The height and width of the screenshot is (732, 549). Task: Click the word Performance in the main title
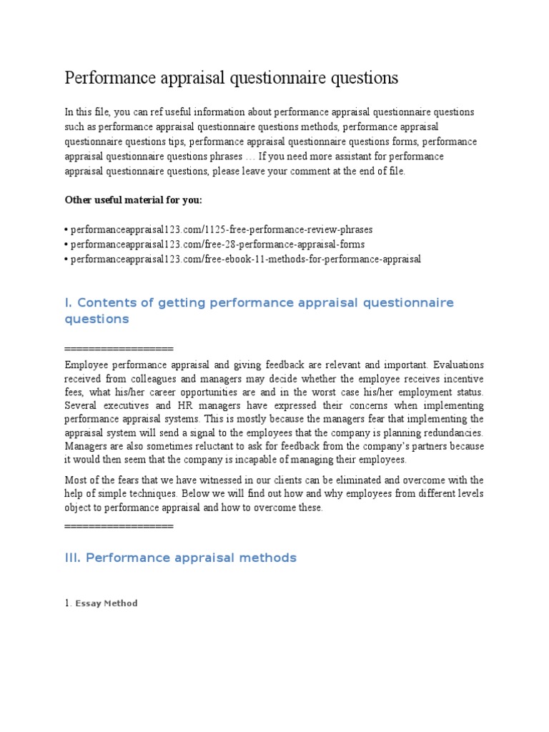point(105,78)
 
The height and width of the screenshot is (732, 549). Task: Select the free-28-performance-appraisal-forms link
point(217,244)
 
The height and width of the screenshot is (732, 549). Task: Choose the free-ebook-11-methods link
point(245,259)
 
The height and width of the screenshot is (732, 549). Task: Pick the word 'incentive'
point(461,378)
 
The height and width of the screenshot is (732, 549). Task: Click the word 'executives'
point(122,405)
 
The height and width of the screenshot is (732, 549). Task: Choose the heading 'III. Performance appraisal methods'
point(180,558)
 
